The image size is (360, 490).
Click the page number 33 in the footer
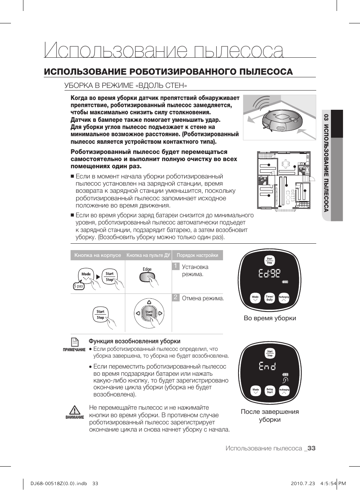pos(311,448)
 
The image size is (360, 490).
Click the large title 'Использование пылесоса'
pos(164,51)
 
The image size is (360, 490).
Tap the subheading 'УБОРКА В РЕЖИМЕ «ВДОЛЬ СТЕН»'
pos(126,85)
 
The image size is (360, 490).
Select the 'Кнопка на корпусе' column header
pos(98,255)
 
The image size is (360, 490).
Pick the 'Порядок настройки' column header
pos(197,255)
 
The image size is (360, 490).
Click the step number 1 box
pos(175,266)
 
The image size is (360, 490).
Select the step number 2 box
pos(175,297)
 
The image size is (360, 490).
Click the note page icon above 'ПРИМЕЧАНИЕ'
pos(75,341)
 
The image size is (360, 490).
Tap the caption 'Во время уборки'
pos(270,318)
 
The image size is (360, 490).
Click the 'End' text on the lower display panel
pos(267,366)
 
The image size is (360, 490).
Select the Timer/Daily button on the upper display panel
pos(269,298)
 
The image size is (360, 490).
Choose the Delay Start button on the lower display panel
pos(270,391)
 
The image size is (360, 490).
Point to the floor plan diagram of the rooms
pos(284,180)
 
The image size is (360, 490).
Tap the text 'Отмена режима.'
pos(203,298)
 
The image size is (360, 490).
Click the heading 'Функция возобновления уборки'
pos(134,341)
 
